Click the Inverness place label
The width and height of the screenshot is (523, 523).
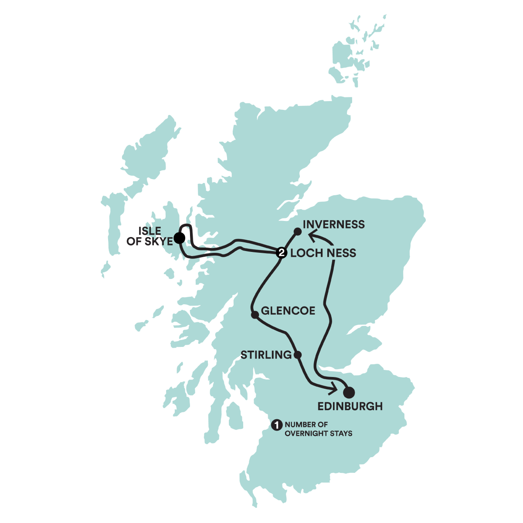coord(333,224)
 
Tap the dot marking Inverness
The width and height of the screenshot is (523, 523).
coord(298,231)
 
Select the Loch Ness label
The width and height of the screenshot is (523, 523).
coord(323,253)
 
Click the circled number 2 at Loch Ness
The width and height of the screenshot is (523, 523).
coord(282,252)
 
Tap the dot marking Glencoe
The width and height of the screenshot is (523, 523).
coord(254,314)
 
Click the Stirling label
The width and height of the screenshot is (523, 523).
coord(266,355)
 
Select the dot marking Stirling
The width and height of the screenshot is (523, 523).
coord(298,354)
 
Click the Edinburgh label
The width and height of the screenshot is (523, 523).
coord(350,407)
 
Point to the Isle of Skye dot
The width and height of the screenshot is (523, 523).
coord(179,238)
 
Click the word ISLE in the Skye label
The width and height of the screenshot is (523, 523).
coord(150,231)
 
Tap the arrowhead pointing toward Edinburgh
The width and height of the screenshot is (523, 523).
coord(334,387)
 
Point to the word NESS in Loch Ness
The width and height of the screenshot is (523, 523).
coord(340,253)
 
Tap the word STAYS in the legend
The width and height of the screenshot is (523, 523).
coord(341,433)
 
